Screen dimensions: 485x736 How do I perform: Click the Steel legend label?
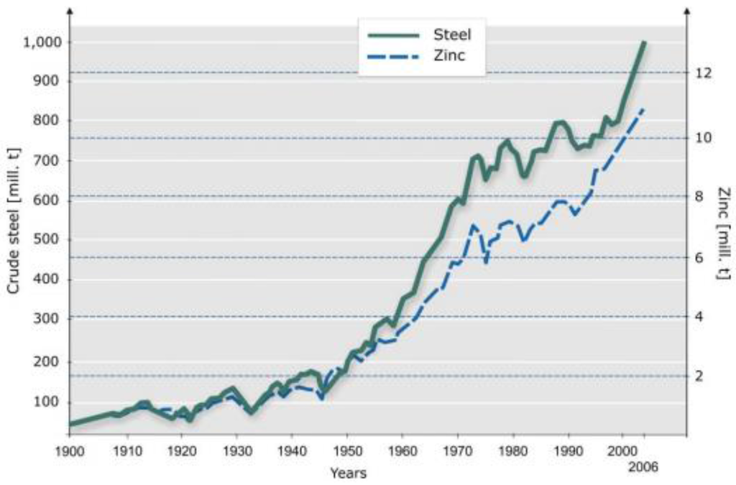452,33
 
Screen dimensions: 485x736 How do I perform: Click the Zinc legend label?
449,55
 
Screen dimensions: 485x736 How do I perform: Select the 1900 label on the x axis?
70,453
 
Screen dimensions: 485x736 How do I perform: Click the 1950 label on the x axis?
346,453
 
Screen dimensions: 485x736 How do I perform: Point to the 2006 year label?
643,467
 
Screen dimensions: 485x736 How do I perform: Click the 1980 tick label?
512,453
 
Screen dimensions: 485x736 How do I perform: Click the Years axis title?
348,473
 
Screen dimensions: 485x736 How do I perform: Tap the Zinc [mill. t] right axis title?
724,232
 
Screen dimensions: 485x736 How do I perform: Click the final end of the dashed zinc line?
644,108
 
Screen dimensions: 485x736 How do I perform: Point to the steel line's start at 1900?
70,424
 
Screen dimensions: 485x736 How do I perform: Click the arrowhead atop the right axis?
687,11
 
